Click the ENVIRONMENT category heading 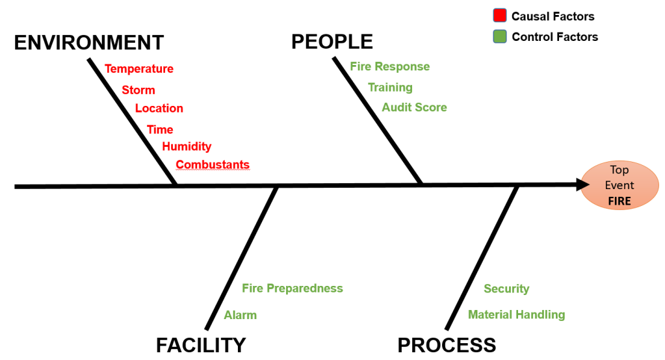point(88,43)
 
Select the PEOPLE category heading point(332,42)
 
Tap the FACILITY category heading point(201,344)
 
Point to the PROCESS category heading point(447,344)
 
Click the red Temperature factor point(139,69)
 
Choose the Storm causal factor point(138,90)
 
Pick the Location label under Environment point(159,109)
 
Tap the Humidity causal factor point(187,147)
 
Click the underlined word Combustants point(213,165)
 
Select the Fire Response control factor point(389,67)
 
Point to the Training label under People point(390,88)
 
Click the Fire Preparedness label point(292,288)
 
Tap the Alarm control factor point(241,315)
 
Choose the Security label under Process point(506,289)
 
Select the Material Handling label point(516,315)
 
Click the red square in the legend point(499,16)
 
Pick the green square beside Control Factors point(499,36)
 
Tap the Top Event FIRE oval point(619,185)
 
